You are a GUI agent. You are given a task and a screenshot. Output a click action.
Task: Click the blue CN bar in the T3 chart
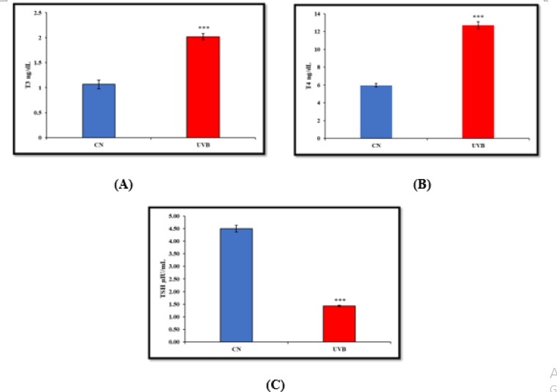pyautogui.click(x=98, y=110)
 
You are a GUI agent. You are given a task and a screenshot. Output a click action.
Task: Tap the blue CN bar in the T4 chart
pyautogui.click(x=376, y=111)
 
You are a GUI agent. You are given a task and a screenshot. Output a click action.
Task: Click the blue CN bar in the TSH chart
pyautogui.click(x=236, y=285)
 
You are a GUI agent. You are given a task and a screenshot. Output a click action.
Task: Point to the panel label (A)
pyautogui.click(x=123, y=184)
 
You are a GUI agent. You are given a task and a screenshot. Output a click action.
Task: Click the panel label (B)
pyautogui.click(x=423, y=184)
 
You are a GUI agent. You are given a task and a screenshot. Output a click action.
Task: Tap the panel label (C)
pyautogui.click(x=276, y=383)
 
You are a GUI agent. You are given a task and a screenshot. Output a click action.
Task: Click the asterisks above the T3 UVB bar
pyautogui.click(x=204, y=28)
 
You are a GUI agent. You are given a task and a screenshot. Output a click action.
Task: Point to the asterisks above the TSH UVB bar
pyautogui.click(x=339, y=300)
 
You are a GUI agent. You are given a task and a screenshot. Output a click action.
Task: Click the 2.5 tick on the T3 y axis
pyautogui.click(x=40, y=13)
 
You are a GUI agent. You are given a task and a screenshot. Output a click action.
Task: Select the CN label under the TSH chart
pyautogui.click(x=236, y=350)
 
